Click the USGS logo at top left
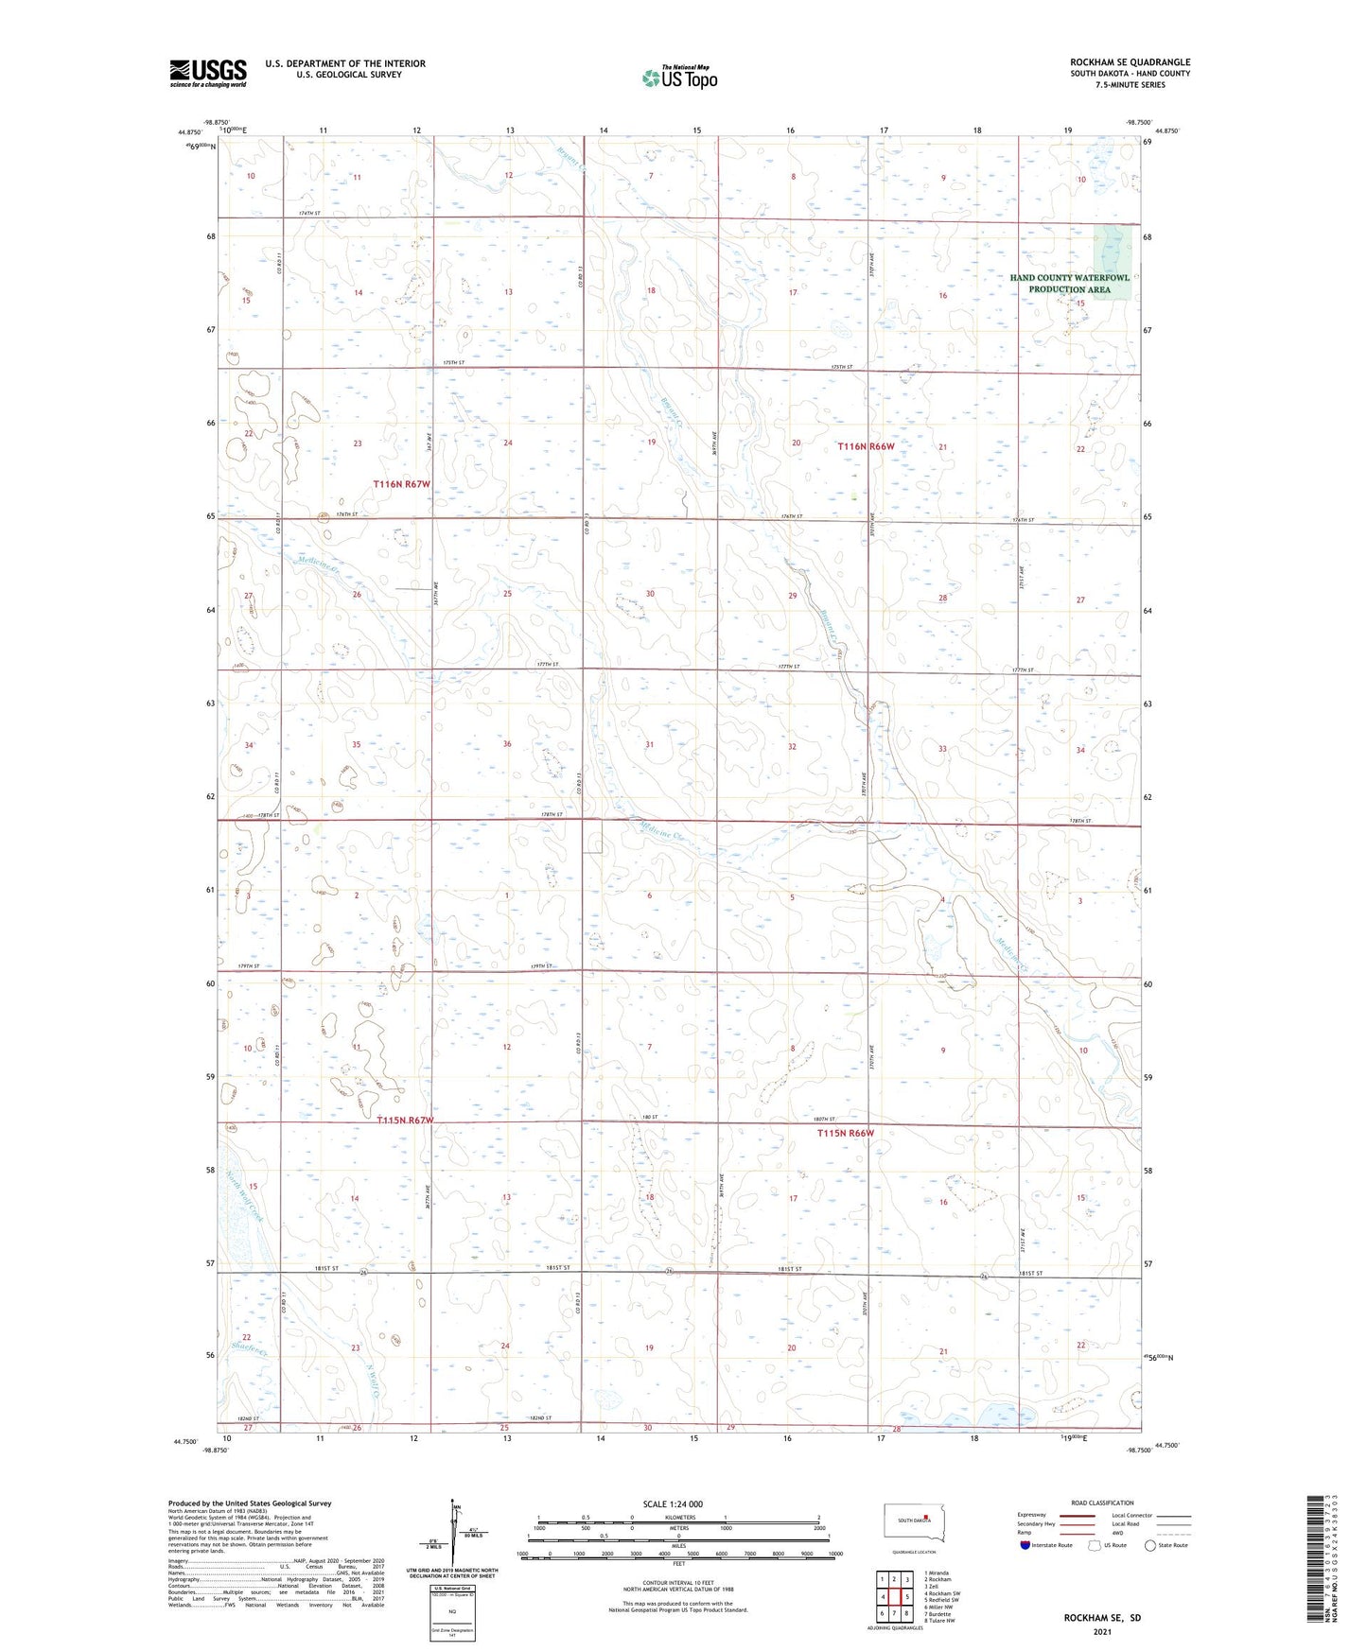207,73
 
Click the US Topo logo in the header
678,78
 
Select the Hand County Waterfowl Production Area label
1069,284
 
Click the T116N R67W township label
401,483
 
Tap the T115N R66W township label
845,1133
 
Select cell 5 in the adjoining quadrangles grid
906,1597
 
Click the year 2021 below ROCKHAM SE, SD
1101,1632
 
